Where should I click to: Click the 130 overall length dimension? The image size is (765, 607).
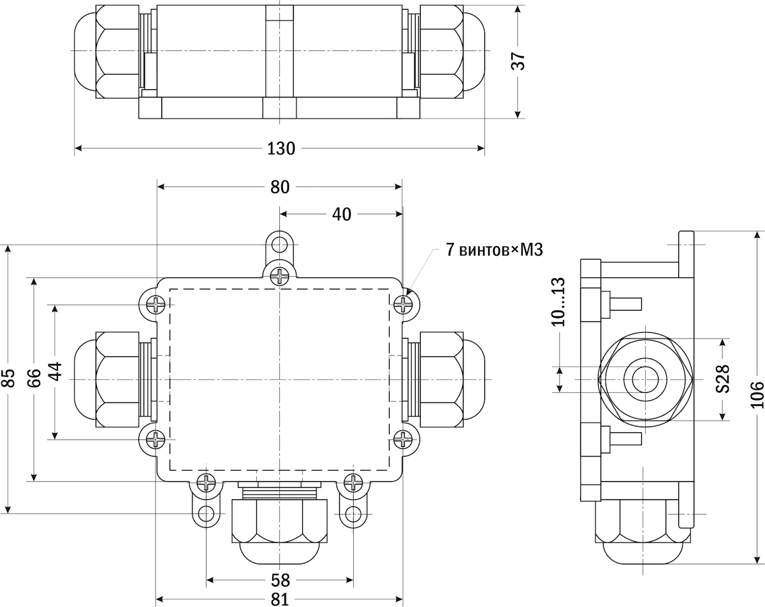point(281,149)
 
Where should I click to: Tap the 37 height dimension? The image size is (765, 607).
point(519,61)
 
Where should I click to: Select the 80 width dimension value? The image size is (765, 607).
point(280,187)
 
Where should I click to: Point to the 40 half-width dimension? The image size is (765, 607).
point(341,214)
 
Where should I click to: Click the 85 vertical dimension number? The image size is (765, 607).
point(8,379)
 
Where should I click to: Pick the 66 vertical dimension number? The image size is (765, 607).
point(34,379)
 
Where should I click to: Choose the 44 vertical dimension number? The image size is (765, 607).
point(55,372)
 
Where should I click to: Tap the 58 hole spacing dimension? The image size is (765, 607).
point(280,580)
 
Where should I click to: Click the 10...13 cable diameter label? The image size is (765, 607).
point(559,302)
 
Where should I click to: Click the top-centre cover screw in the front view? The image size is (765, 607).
point(279,276)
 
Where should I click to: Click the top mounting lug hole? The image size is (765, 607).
point(279,244)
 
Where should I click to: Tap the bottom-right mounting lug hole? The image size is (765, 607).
point(353,513)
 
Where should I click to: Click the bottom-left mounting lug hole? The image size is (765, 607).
point(206,513)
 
